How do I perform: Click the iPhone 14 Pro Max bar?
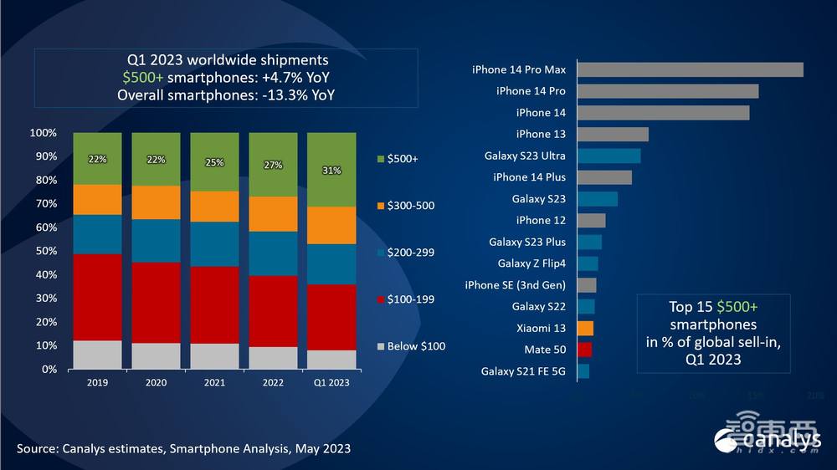tap(690, 69)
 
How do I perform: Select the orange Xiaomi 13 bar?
tap(585, 328)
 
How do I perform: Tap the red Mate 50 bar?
tap(584, 350)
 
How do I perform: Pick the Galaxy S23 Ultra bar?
tap(608, 156)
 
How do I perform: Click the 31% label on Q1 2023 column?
tap(331, 170)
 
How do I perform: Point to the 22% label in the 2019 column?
tap(97, 159)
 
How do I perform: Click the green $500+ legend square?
tap(380, 159)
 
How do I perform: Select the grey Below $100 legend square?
tap(380, 346)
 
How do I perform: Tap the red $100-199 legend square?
tap(380, 299)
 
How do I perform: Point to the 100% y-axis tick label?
tap(43, 133)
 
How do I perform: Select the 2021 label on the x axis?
tap(214, 382)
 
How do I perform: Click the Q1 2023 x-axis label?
tap(331, 382)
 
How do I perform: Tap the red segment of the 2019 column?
tap(97, 297)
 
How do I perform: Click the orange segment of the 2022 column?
tap(273, 214)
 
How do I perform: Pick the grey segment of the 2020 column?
tap(156, 355)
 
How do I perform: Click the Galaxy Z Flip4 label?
tap(531, 263)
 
